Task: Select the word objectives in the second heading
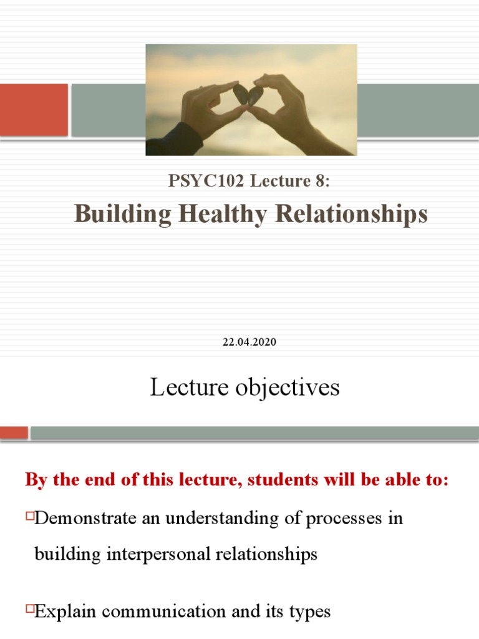(x=293, y=388)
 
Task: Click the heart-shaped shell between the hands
(x=248, y=95)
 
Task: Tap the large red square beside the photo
(x=34, y=110)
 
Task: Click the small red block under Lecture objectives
(x=14, y=432)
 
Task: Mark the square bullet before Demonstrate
(x=30, y=516)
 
